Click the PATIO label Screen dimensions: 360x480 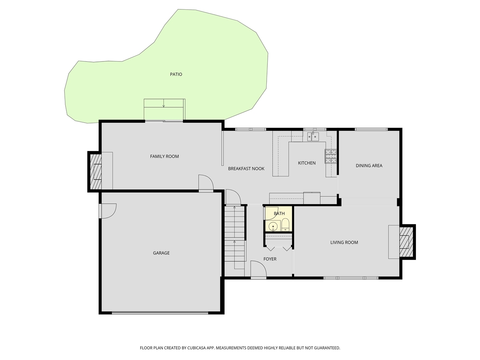pyautogui.click(x=176, y=74)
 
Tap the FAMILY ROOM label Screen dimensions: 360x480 pyautogui.click(x=164, y=156)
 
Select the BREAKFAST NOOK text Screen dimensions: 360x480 pyautogui.click(x=246, y=169)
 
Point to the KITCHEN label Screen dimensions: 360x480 pyautogui.click(x=307, y=163)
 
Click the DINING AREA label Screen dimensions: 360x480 pyautogui.click(x=369, y=165)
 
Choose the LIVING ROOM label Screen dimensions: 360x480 pyautogui.click(x=344, y=242)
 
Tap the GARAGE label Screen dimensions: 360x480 pyautogui.click(x=161, y=253)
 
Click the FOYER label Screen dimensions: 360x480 pyautogui.click(x=270, y=259)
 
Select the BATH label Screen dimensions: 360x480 pyautogui.click(x=279, y=213)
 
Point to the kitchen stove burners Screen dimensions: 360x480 pyautogui.click(x=330, y=156)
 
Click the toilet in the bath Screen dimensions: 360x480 pyautogui.click(x=285, y=225)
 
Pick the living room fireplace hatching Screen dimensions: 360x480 pyautogui.click(x=406, y=242)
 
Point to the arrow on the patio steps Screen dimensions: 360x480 pyautogui.click(x=163, y=105)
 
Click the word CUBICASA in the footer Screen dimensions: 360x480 pyautogui.click(x=200, y=348)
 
